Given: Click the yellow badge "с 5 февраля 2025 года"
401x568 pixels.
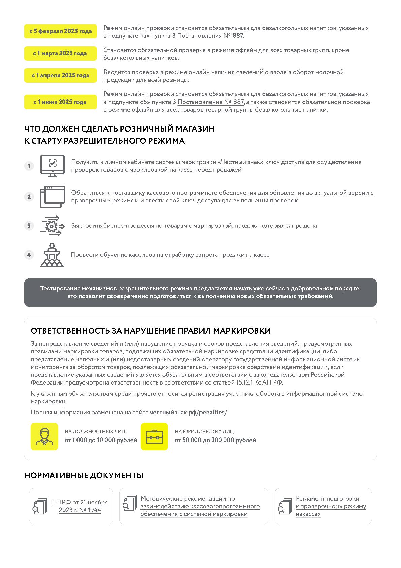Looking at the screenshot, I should pos(61,31).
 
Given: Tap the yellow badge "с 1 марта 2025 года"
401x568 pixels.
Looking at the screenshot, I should pos(61,53).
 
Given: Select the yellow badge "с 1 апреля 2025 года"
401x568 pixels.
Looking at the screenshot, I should pos(61,75).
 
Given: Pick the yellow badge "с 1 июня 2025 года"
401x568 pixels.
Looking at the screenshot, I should pos(61,102).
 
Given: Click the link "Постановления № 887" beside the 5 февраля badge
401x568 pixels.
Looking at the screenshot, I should pos(210,36).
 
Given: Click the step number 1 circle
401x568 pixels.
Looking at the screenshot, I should pos(29,166).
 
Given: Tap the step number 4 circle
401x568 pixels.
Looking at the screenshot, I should pos(29,255).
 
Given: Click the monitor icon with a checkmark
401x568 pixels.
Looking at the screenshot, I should pos(52,166).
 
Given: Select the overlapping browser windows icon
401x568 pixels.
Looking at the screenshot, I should pos(52,196).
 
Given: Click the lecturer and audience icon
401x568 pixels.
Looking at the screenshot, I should pos(52,255).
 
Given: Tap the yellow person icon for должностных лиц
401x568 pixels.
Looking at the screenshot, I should pos(44,436).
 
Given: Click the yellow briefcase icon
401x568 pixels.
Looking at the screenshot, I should pos(154,436).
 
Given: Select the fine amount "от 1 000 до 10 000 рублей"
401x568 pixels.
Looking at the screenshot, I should pos(101,440).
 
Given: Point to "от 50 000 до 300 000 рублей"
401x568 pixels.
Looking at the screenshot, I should pos(215,440).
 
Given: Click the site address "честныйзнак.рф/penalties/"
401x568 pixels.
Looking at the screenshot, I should pos(188,412).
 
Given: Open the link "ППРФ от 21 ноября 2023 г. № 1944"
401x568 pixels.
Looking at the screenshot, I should pos(80,506).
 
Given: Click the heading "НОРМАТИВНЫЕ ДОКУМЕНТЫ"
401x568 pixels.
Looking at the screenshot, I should pos(84,475).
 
